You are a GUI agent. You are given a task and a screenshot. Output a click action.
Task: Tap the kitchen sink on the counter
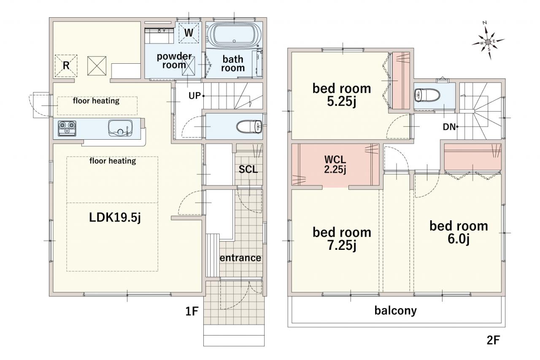tap(120, 128)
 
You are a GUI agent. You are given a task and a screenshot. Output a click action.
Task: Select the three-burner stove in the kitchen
tap(67, 128)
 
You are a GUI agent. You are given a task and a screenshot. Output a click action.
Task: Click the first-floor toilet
tap(249, 127)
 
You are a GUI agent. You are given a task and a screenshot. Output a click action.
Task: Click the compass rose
tap(488, 42)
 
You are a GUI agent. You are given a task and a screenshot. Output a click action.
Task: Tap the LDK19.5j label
tap(115, 218)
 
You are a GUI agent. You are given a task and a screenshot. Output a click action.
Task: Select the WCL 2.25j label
tap(335, 165)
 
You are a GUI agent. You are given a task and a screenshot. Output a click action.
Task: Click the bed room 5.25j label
tap(342, 95)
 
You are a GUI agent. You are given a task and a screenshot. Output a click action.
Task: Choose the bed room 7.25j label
tap(342, 239)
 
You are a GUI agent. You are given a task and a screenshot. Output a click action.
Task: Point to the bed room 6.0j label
tap(459, 233)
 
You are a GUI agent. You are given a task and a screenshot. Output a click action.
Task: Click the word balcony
tap(396, 311)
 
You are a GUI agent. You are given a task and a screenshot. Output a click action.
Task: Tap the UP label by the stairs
tap(194, 96)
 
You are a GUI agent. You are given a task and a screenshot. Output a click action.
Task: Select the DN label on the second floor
tap(449, 127)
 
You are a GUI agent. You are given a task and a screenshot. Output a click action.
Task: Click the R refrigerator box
tap(66, 66)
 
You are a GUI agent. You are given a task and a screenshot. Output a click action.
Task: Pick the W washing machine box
tap(189, 33)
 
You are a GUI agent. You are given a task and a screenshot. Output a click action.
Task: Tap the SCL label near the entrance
tap(248, 169)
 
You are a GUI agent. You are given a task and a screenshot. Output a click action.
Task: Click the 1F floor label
tap(192, 311)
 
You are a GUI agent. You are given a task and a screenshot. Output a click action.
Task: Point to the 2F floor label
tap(493, 340)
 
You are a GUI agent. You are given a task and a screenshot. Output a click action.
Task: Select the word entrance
tap(240, 258)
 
